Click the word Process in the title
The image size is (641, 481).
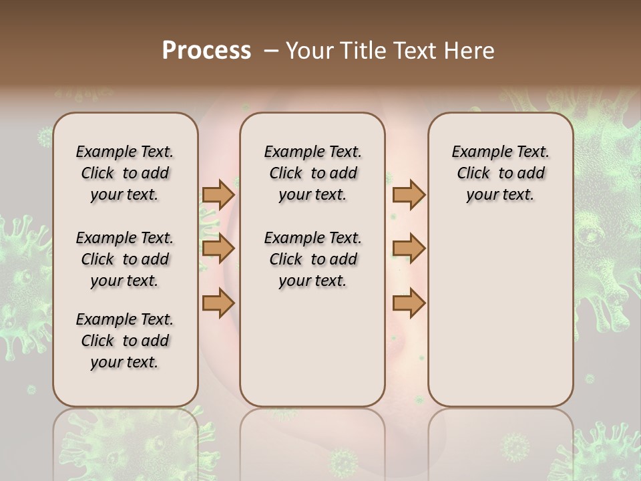coord(206,51)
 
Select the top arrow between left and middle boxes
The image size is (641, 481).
coord(218,194)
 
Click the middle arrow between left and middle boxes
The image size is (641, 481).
coord(218,249)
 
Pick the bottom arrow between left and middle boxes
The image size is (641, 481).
coord(218,303)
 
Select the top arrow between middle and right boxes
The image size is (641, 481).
coord(409,194)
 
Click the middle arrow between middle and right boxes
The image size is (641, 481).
coord(409,249)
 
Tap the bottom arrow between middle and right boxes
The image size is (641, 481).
coord(409,303)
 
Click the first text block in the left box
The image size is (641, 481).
coord(124,173)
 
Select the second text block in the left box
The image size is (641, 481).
coord(124,259)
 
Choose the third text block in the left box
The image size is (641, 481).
coord(124,341)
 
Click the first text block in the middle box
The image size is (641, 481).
coord(312,173)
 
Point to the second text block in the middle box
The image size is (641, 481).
coord(312,259)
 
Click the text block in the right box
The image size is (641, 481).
coord(500,173)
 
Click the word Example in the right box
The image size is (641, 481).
coord(477,152)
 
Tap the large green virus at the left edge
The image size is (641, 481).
coord(23,267)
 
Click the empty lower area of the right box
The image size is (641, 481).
coord(500,321)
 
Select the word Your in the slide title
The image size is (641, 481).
coord(310,51)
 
